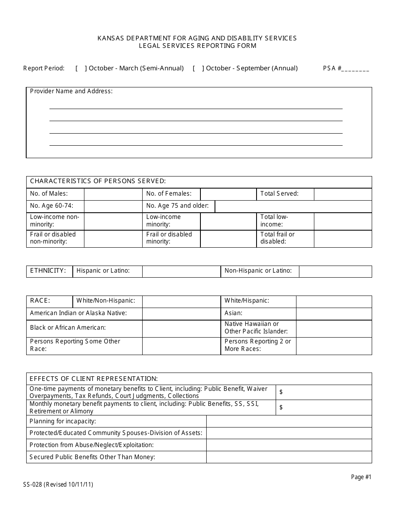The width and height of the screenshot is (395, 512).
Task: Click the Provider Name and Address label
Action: (x=71, y=91)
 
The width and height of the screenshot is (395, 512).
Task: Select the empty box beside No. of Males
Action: (x=113, y=194)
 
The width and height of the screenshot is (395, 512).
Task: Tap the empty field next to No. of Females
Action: (x=228, y=194)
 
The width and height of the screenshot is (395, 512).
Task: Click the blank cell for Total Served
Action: (x=343, y=194)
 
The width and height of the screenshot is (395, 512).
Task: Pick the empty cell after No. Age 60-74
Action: (x=113, y=206)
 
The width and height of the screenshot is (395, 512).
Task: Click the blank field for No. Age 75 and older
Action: (x=293, y=206)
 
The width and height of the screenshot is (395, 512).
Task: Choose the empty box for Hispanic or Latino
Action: (x=181, y=271)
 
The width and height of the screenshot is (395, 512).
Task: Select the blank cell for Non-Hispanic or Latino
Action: (x=335, y=271)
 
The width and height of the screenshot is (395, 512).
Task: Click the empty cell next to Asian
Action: (x=334, y=313)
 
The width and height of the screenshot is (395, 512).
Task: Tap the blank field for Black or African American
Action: (x=181, y=328)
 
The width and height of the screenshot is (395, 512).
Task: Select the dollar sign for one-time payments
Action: (x=281, y=392)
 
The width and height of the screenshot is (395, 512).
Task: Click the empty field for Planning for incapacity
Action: (x=289, y=421)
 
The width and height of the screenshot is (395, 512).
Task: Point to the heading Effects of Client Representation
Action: (x=94, y=379)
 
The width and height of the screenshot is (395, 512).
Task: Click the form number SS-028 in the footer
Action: (x=33, y=485)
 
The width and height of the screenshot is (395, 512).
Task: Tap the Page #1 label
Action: (x=361, y=477)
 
